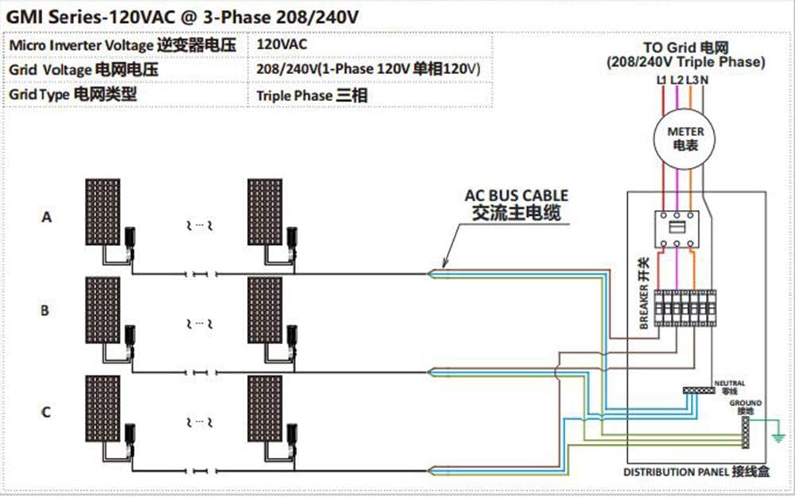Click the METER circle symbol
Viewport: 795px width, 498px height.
coord(684,139)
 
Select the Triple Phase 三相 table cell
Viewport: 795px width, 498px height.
coord(311,95)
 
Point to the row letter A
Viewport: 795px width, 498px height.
coord(46,216)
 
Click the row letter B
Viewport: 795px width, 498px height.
coord(45,311)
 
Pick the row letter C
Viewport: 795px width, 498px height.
coord(46,412)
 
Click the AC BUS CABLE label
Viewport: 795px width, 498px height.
coord(517,195)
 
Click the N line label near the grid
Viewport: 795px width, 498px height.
coord(705,80)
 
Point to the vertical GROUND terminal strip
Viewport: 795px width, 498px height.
coord(745,430)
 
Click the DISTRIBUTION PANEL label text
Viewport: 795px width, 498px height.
coord(674,472)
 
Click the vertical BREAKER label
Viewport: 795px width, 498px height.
coord(645,295)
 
